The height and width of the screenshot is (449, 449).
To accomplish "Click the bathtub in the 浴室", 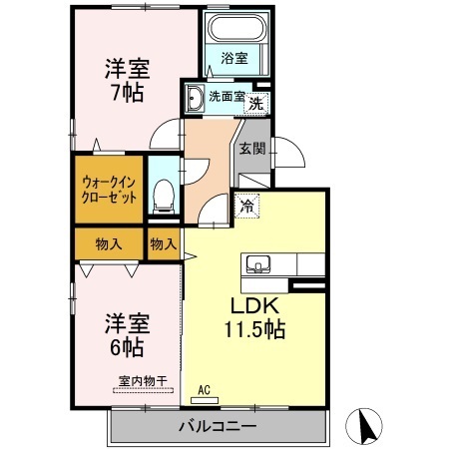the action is [237, 28].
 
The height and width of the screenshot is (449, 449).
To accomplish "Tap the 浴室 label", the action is [234, 58].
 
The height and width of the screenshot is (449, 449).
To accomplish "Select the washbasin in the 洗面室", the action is [195, 97].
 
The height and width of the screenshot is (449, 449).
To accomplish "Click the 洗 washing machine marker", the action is [256, 104].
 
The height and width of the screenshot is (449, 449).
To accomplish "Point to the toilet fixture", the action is [164, 197].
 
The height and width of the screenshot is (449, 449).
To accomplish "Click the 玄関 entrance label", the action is [252, 149].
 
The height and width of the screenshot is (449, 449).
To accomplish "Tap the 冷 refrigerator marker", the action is [247, 206].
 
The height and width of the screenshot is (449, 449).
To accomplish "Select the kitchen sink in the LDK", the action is [258, 264].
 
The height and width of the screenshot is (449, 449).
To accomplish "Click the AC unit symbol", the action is [205, 400].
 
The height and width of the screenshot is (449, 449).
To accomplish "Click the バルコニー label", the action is [218, 426].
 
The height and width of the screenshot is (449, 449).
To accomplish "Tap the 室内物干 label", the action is [143, 381].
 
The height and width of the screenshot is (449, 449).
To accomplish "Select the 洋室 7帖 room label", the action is [128, 80].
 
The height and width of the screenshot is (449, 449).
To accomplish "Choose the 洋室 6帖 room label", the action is [128, 334].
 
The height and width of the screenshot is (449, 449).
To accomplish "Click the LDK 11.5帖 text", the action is [254, 317].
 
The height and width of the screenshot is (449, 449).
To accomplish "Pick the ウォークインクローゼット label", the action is [109, 190].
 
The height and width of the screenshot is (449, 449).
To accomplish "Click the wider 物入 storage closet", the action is [109, 243].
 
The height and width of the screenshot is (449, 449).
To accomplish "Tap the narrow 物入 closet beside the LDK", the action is [164, 243].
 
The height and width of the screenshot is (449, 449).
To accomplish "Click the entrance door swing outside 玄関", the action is [288, 152].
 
